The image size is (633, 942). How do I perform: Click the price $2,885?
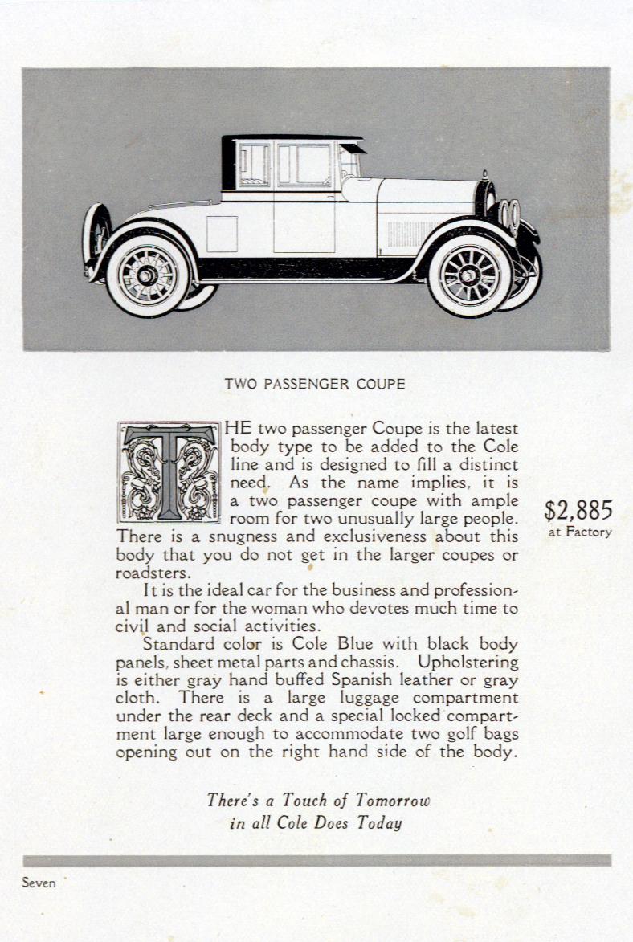coord(578,510)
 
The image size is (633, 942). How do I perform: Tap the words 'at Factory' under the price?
coord(580,532)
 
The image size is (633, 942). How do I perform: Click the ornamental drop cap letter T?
coord(169,473)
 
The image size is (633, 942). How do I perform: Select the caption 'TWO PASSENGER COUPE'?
coord(315,384)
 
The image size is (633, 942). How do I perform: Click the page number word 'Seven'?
coord(39,883)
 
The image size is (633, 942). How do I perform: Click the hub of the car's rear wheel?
coord(148,276)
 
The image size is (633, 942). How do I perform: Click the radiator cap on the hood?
coord(484,174)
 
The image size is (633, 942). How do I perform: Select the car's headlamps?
coord(509,214)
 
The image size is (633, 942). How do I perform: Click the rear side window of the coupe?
coord(254,165)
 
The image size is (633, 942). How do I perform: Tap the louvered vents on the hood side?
coord(410,234)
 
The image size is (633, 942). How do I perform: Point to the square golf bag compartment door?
coord(223,234)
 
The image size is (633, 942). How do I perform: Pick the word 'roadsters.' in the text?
coord(153,573)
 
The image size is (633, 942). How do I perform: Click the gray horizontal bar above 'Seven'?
coord(316,860)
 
